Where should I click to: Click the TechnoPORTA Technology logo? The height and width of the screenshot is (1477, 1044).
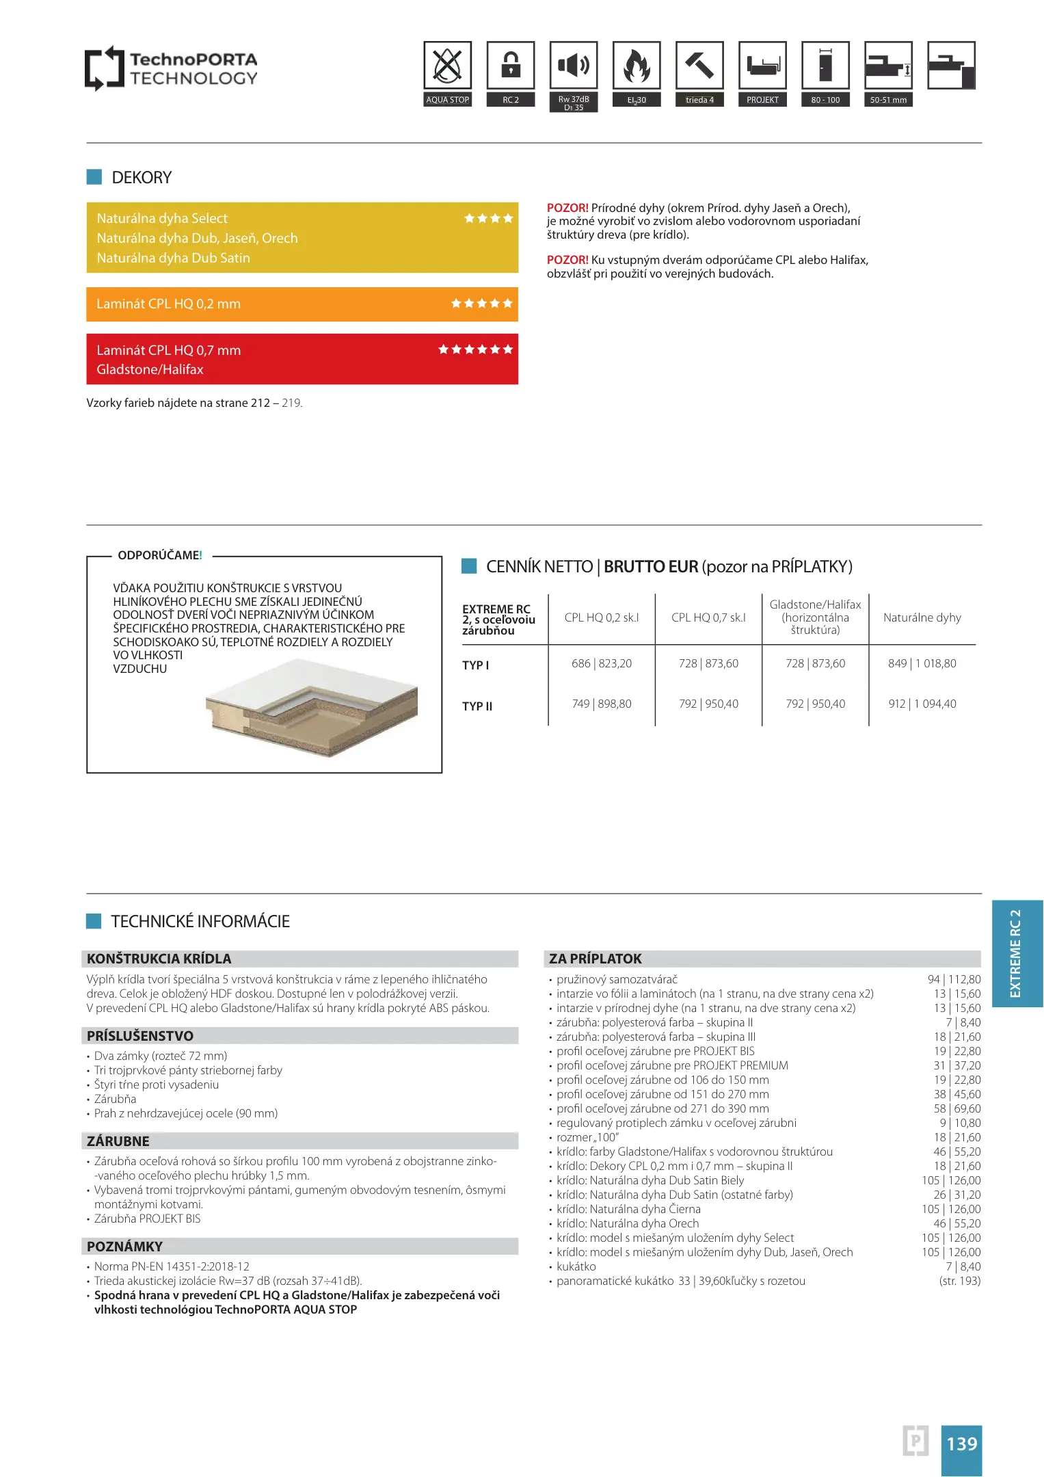point(171,68)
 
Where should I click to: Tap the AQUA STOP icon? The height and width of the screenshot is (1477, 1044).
point(447,66)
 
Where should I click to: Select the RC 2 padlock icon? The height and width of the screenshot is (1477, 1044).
point(511,66)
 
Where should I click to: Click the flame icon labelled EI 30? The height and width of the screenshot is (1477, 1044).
point(637,66)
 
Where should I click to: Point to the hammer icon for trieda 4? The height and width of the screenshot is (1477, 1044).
point(699,66)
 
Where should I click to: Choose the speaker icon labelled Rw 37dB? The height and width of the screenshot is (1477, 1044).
point(574,66)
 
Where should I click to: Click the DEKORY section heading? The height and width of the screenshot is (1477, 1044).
point(142,178)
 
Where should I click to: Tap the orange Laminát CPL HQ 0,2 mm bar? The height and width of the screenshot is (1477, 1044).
point(302,304)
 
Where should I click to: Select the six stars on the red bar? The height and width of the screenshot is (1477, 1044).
point(475,349)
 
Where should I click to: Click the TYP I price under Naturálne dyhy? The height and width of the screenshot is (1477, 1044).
point(922,663)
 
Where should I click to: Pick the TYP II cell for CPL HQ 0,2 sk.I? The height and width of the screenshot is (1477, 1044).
point(602,704)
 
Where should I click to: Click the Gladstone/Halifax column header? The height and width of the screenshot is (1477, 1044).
point(815,617)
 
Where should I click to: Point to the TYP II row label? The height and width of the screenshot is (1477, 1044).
point(477,706)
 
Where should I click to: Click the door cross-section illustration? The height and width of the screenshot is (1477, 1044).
point(312,708)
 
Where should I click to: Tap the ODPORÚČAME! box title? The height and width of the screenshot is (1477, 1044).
point(160,555)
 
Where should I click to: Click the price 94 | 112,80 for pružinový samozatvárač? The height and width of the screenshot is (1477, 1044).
point(954,979)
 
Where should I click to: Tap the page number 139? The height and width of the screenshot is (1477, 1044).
point(961,1443)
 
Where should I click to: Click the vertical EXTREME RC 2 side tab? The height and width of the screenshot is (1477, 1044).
point(1017,953)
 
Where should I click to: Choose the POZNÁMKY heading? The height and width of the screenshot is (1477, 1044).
point(125,1246)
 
